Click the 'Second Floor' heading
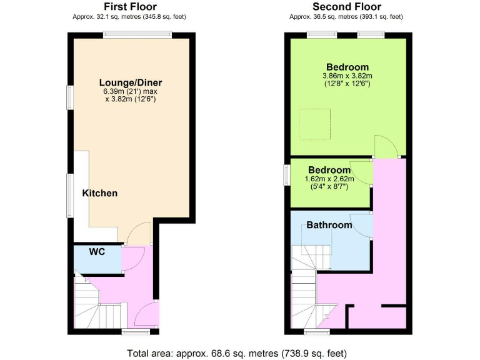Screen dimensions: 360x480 point(347,7)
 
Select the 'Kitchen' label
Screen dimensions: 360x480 point(100,193)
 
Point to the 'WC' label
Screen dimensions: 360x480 point(96,252)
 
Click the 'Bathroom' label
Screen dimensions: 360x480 point(329,225)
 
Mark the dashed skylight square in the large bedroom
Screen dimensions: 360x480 point(314,124)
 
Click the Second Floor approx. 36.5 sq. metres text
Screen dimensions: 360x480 point(347,17)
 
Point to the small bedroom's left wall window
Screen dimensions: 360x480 point(286,174)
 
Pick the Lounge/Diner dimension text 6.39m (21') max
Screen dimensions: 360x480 point(131,91)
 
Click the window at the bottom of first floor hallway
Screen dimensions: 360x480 point(134,331)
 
